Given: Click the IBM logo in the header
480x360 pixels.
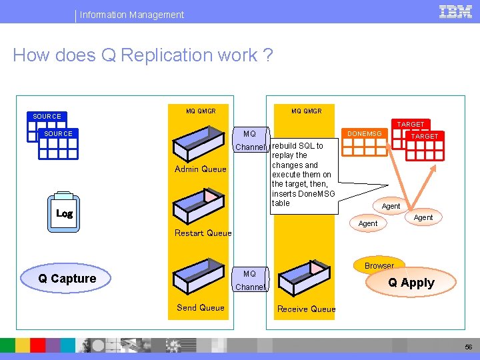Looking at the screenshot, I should coord(455,11).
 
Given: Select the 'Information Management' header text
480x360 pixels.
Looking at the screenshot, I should coord(132,15).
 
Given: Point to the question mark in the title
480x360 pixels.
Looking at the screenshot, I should coord(268,55).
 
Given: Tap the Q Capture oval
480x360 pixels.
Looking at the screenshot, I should coord(67,279).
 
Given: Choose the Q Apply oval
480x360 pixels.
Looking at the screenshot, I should coord(411,283).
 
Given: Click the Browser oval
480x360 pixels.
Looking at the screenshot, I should coord(379,265).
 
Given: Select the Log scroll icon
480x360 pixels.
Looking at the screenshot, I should coord(64,213).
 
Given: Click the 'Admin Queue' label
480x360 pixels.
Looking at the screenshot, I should coord(200,169).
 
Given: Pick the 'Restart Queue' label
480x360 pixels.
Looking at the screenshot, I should coord(203,233).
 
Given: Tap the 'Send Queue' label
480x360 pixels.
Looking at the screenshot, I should coord(200,308).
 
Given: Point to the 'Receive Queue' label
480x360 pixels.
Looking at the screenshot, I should coord(306,309).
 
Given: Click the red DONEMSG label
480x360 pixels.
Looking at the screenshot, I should coord(364,134).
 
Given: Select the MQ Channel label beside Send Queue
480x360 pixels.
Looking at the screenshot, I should coord(250,281).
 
